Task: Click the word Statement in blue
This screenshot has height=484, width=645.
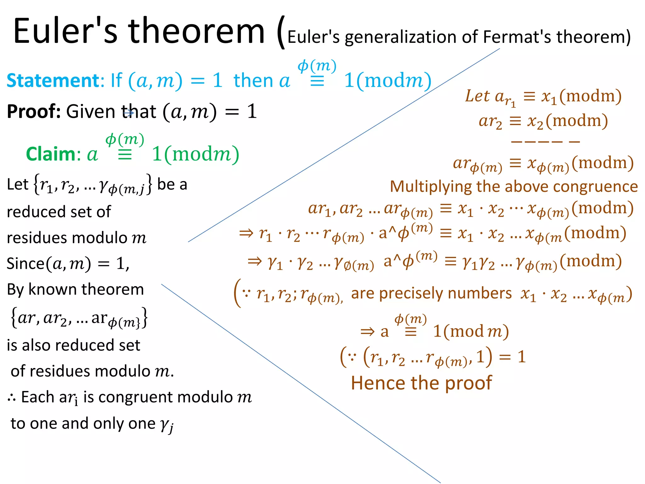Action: (53, 80)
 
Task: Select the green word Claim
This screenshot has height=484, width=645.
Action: (50, 154)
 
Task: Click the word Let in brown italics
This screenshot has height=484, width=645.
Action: (477, 96)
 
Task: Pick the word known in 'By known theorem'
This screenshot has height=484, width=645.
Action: (53, 289)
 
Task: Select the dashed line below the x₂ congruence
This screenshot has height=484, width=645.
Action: (545, 142)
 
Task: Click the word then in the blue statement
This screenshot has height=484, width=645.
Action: (253, 81)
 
